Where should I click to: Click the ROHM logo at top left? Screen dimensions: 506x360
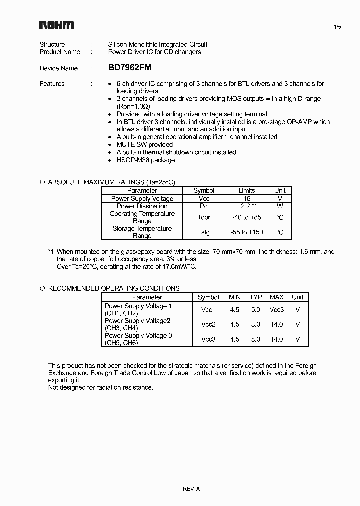pyautogui.click(x=56, y=25)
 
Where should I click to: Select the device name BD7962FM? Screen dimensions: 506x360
pyautogui.click(x=130, y=68)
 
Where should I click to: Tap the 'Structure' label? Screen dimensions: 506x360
pyautogui.click(x=52, y=44)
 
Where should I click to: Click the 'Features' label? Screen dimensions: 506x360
pyautogui.click(x=52, y=84)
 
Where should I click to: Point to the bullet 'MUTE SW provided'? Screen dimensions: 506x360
pyautogui.click(x=138, y=145)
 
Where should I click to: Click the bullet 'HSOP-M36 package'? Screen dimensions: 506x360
pyautogui.click(x=146, y=160)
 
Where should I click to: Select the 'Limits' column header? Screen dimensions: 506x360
pyautogui.click(x=246, y=190)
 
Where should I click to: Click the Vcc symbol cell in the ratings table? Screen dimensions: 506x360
pyautogui.click(x=204, y=198)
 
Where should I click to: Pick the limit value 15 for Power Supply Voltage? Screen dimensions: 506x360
pyautogui.click(x=246, y=198)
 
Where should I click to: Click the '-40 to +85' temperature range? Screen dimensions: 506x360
pyautogui.click(x=246, y=217)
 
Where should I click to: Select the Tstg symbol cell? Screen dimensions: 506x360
pyautogui.click(x=204, y=232)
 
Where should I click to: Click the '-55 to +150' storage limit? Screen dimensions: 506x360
pyautogui.click(x=246, y=232)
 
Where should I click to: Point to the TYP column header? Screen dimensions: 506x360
pyautogui.click(x=256, y=297)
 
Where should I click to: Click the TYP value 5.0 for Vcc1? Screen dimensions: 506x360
pyautogui.click(x=256, y=310)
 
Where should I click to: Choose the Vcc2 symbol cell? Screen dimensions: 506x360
pyautogui.click(x=208, y=324)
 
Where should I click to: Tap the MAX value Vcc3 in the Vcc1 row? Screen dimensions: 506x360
pyautogui.click(x=277, y=310)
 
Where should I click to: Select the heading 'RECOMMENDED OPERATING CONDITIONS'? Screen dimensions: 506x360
pyautogui.click(x=114, y=288)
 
